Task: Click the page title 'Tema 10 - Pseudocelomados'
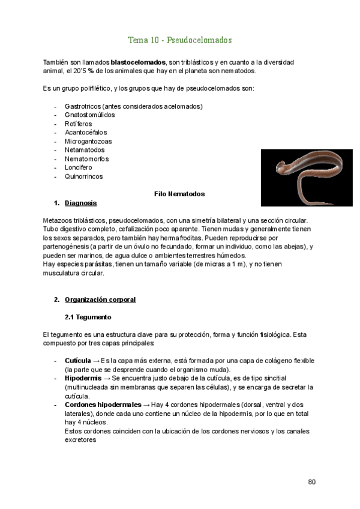pos(180,40)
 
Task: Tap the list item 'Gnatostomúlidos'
pos(90,115)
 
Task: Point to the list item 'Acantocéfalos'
pos(86,132)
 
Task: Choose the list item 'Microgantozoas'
pos(88,141)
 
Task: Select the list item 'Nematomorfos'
pos(86,159)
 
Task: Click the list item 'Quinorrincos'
pos(83,176)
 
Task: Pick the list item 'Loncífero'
pos(78,167)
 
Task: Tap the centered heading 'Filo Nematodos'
pos(179,194)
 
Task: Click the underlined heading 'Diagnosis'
pos(80,203)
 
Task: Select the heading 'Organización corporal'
pos(100,299)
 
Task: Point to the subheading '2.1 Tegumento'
pos(88,316)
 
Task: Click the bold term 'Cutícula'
pos(77,361)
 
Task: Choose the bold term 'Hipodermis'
pos(83,379)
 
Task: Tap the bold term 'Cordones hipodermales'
pos(103,405)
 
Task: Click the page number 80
pos(311,481)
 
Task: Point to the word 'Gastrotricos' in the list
pos(83,106)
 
